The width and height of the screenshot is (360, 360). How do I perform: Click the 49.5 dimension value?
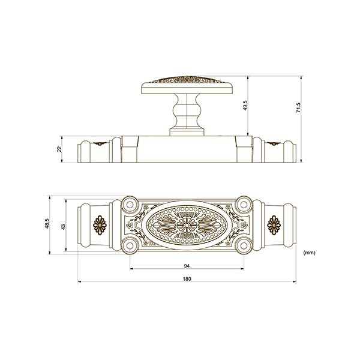pyautogui.click(x=245, y=106)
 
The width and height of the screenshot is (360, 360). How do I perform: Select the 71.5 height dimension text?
pyautogui.click(x=298, y=107)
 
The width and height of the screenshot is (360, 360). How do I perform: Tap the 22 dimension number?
pyautogui.click(x=59, y=149)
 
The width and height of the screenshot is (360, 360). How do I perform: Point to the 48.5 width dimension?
pyautogui.click(x=47, y=224)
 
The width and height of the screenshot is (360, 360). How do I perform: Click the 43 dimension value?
pyautogui.click(x=64, y=227)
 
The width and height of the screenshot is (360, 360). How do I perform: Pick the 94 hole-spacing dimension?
pyautogui.click(x=187, y=266)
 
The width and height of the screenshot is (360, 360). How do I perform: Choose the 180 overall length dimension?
pyautogui.click(x=187, y=279)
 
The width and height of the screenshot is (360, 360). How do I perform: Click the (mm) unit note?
pyautogui.click(x=309, y=253)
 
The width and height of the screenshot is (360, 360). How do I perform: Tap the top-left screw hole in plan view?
pyautogui.click(x=130, y=204)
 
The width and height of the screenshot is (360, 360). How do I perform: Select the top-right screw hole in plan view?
pyautogui.click(x=244, y=204)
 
